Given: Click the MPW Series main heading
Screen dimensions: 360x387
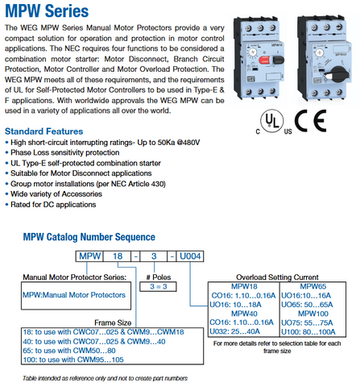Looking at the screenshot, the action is coord(47,11).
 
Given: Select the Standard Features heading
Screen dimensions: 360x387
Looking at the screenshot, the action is coord(43,131).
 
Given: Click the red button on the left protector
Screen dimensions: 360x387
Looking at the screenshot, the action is coord(264,60).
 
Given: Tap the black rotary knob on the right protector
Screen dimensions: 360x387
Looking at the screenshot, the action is coord(340,74).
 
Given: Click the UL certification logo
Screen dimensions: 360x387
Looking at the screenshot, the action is coord(272,121).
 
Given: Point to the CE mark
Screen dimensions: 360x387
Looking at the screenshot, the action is coord(311,121).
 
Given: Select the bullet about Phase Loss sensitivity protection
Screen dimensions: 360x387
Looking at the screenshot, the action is coord(62,152).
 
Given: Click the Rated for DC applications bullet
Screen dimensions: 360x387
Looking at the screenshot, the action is coord(51,205).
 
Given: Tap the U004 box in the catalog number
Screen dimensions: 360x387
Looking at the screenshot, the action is coord(190,256).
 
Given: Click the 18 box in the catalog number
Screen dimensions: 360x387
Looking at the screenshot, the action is coord(118,256).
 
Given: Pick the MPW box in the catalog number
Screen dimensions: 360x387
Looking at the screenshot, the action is coord(89,256).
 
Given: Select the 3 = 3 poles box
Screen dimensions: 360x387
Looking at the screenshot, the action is coord(158,286).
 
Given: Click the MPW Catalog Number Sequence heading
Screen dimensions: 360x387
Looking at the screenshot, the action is coord(89,237).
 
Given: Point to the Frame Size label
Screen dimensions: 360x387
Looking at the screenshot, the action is coord(113,322).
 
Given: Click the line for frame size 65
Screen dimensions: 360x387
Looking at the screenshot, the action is coord(69,351).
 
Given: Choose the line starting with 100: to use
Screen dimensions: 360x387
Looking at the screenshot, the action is coord(73,360).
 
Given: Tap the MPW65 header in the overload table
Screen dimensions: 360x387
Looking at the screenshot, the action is coord(312,286).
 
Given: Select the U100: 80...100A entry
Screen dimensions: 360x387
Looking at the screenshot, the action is coord(308,332).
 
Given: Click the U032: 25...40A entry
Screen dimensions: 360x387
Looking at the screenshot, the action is coord(234,331).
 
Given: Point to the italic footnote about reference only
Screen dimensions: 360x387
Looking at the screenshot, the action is coord(105,378).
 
